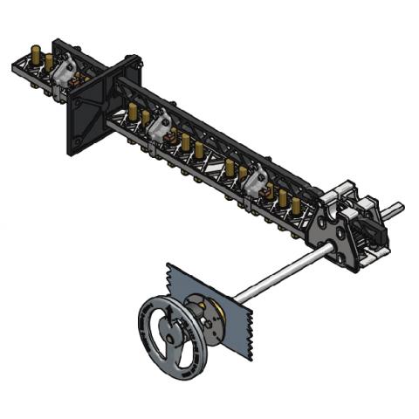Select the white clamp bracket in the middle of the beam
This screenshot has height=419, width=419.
(x=160, y=129)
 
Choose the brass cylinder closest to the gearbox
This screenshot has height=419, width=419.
(x=296, y=206)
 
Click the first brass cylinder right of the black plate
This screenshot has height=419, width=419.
(x=132, y=112)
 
